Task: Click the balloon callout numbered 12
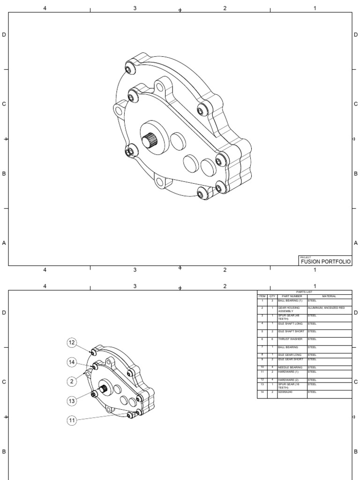72,343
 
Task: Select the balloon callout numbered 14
72,362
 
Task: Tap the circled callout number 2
72,382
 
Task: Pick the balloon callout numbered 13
72,401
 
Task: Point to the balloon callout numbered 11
72,420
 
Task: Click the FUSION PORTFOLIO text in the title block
325,262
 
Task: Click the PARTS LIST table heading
304,292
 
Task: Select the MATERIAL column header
329,296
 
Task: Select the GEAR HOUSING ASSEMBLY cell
288,309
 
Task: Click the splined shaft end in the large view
149,140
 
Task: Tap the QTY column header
272,296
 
